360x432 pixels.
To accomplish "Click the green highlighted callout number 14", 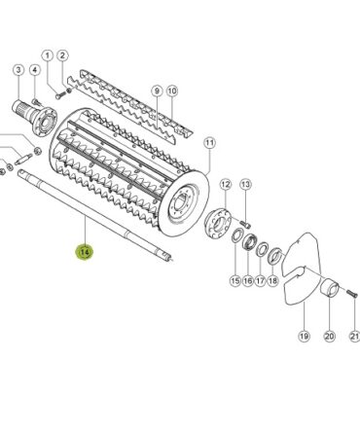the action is tap(84, 252).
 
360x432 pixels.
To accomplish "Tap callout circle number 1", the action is tap(48, 55).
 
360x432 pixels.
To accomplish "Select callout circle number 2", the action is tap(62, 55).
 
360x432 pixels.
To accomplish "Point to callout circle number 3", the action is tap(18, 70).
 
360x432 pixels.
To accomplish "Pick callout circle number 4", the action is tap(35, 70).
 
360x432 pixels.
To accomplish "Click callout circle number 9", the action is tap(157, 91).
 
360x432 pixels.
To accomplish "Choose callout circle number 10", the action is tap(172, 91).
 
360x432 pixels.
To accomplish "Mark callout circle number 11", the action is tap(209, 143).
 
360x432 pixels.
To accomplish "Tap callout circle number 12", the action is tap(226, 185).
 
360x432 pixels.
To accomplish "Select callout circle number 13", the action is tap(245, 185).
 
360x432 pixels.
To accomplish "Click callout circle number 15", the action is tap(235, 280).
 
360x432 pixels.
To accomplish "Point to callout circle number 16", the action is tap(248, 280).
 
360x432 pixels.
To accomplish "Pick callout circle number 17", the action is tap(260, 280).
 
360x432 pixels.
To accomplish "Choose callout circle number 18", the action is tap(272, 280).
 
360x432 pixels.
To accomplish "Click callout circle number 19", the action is tap(304, 337).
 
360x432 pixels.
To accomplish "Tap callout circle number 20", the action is tap(329, 337).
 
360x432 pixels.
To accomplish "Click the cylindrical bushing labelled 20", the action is tap(330, 286).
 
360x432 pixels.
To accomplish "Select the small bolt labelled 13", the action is tap(246, 223).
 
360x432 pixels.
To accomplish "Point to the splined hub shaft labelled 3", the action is tap(34, 116).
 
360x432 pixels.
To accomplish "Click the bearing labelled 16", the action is tap(249, 242).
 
